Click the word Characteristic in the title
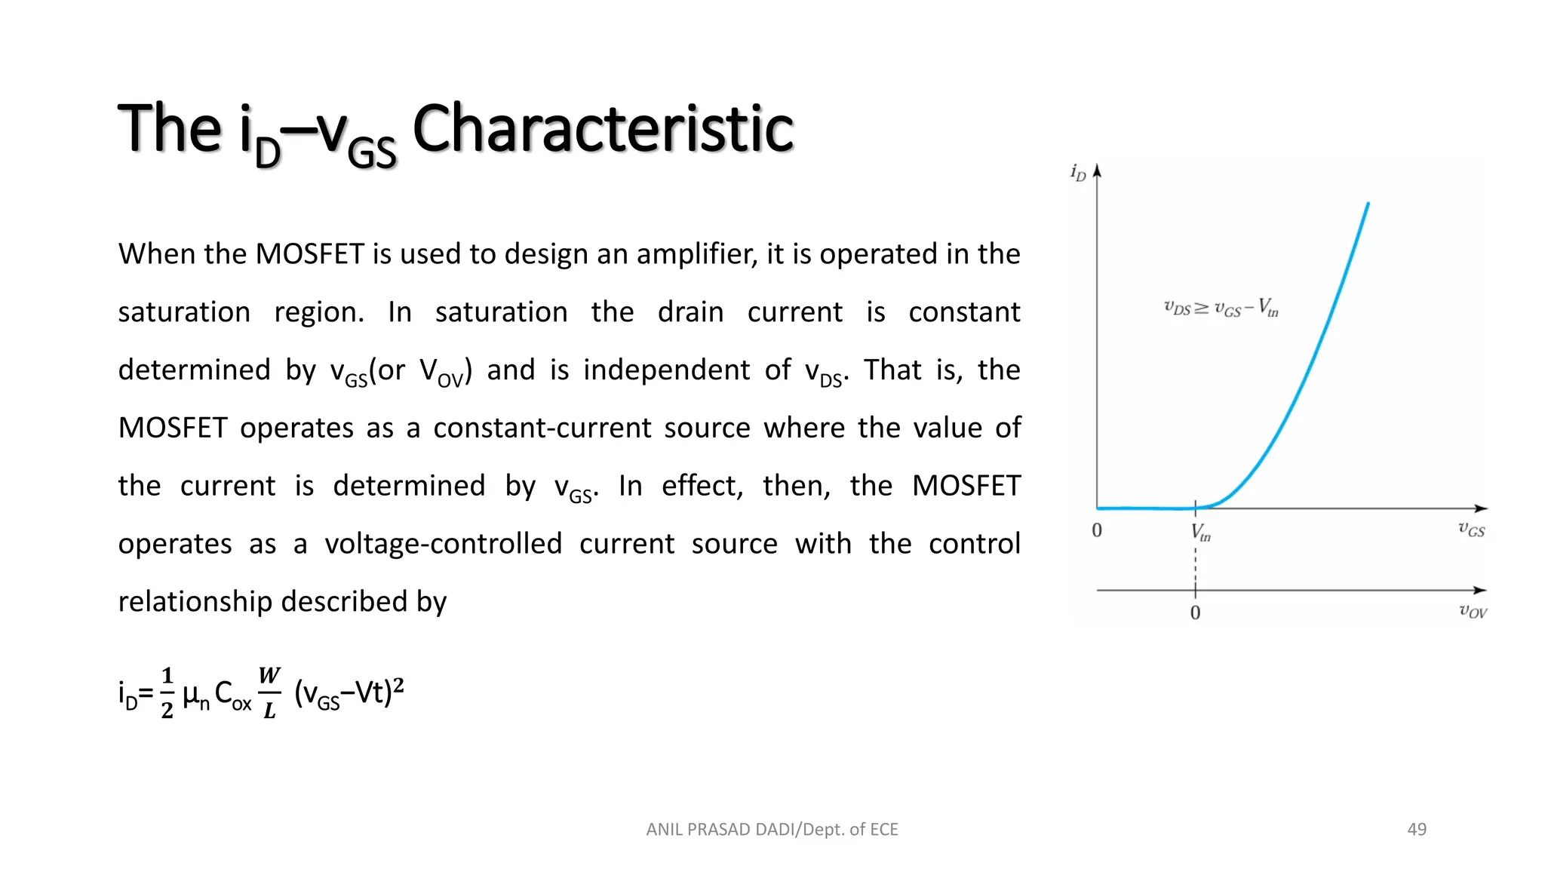point(603,129)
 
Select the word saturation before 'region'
point(184,312)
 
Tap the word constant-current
point(542,428)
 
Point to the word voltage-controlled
point(444,544)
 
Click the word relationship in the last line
point(195,602)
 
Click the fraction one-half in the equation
point(167,692)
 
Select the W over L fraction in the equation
point(269,692)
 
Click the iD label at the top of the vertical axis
point(1078,173)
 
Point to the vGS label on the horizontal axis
point(1471,530)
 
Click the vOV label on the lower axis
point(1473,611)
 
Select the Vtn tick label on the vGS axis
point(1200,533)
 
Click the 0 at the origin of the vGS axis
point(1097,531)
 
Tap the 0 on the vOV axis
point(1195,613)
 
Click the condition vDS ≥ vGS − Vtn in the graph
point(1221,308)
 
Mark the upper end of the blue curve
point(1368,204)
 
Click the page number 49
point(1417,830)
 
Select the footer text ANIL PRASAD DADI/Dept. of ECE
point(772,830)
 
